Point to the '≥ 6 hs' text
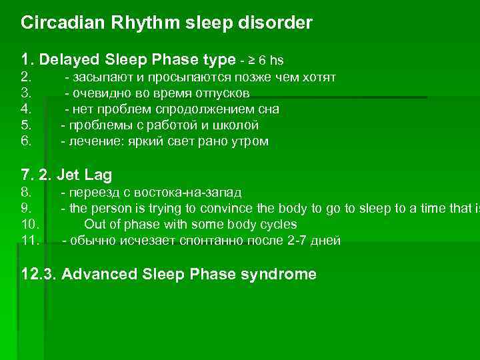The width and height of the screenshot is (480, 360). tap(267, 61)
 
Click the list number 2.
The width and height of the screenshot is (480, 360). tap(26, 77)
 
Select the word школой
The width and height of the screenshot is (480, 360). tap(236, 125)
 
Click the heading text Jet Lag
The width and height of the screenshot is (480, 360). tap(84, 175)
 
